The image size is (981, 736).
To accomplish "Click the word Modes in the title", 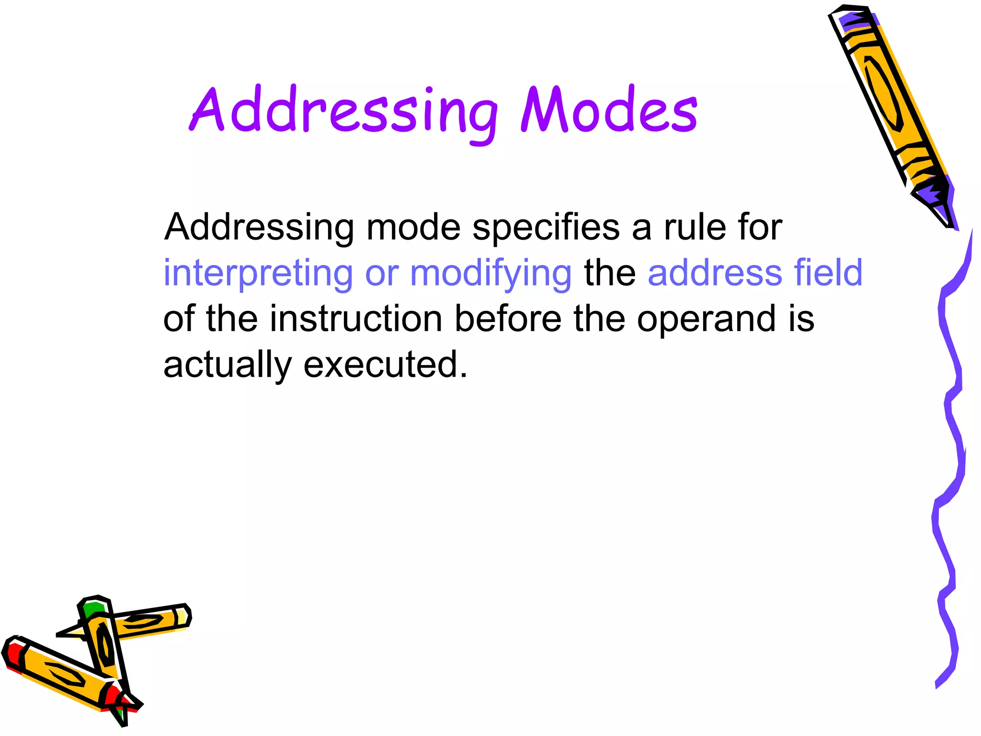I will coord(609,111).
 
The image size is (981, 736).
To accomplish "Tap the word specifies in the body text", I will coord(546,227).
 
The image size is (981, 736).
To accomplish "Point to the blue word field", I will coord(828,272).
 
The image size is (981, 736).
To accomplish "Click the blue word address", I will coord(715,272).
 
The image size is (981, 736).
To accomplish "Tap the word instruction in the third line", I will coord(355,319).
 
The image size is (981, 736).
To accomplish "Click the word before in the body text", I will coord(507,319).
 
